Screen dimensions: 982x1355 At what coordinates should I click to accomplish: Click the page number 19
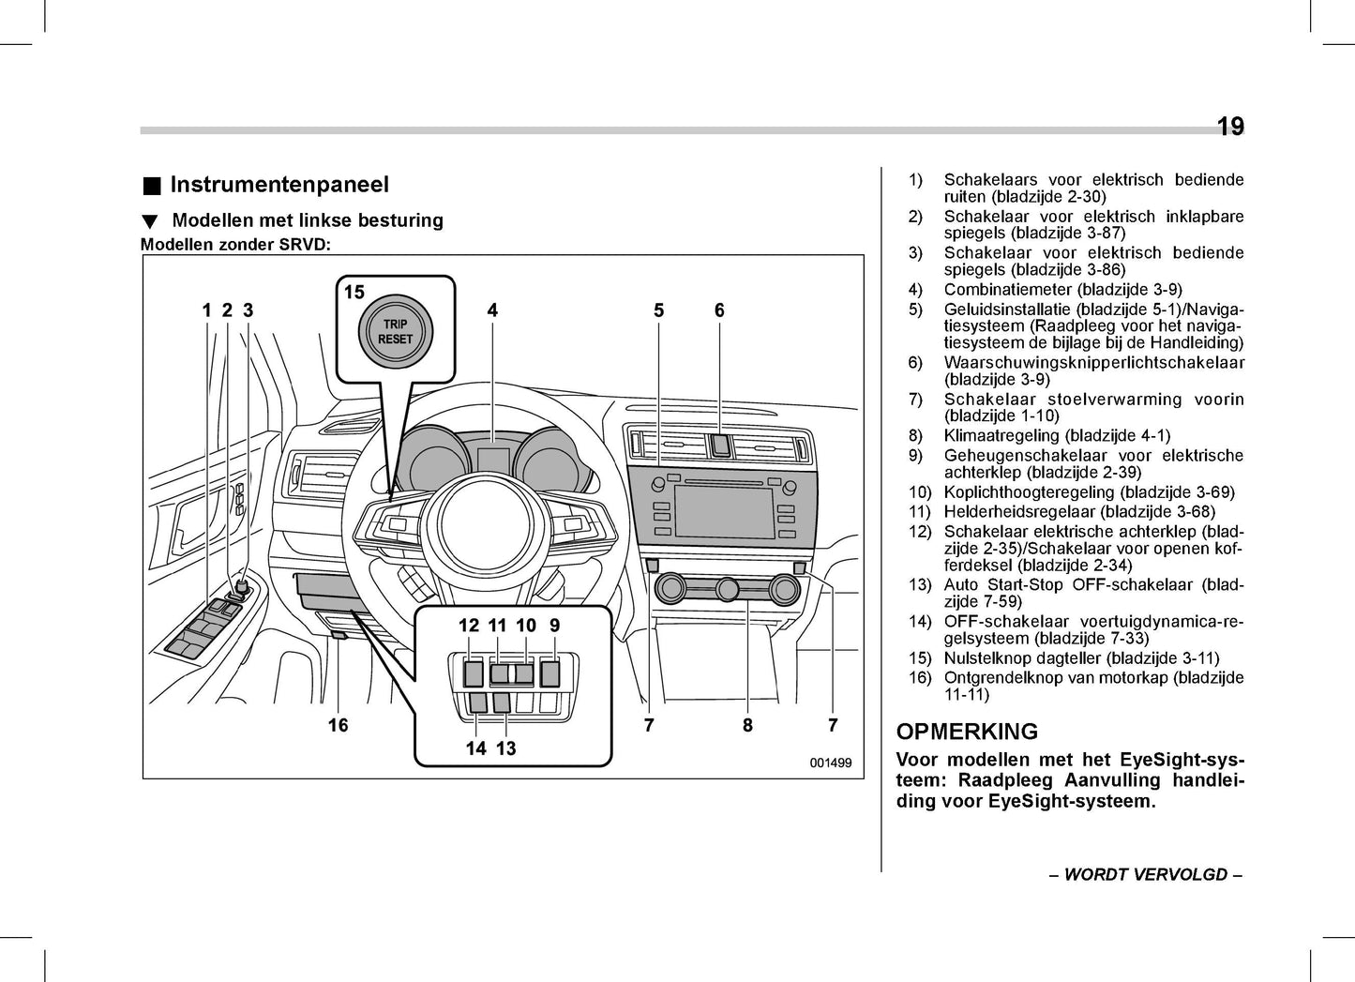tap(1229, 127)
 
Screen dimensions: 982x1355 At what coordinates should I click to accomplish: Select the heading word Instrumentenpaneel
tap(279, 185)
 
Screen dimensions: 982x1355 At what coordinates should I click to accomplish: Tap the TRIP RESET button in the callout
tap(395, 332)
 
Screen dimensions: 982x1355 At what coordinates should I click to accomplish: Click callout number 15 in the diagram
tap(354, 293)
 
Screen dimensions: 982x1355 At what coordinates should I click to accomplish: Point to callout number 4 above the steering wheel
tap(492, 310)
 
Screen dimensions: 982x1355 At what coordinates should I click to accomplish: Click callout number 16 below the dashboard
tap(338, 725)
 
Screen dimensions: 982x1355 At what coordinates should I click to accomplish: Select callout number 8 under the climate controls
tap(747, 725)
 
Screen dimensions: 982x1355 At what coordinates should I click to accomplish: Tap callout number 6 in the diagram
tap(719, 310)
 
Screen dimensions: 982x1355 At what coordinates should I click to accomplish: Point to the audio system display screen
tap(724, 512)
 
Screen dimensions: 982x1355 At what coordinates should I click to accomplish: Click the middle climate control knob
tap(728, 590)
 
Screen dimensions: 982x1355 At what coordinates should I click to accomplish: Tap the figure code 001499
tap(830, 763)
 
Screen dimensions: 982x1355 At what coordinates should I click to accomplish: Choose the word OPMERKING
tap(967, 732)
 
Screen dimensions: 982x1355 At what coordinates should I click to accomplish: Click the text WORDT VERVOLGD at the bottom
tap(1145, 875)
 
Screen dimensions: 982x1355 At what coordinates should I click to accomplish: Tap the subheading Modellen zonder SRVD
tap(235, 245)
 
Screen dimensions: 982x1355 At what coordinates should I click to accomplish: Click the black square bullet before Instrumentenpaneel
tap(151, 186)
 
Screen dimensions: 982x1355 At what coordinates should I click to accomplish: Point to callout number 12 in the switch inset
tap(468, 626)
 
